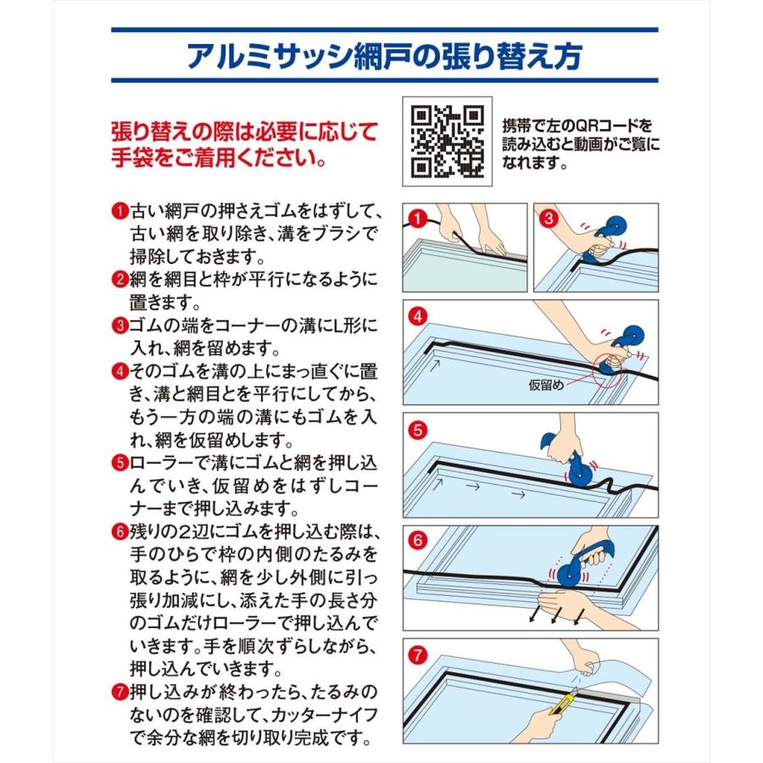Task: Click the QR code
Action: pos(447,142)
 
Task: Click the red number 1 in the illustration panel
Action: pos(417,219)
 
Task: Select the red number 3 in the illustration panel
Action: pos(549,218)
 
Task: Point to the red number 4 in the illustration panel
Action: pos(417,317)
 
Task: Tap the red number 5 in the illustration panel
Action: pos(417,430)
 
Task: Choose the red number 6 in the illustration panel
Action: pos(417,541)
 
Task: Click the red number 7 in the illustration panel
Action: pos(417,655)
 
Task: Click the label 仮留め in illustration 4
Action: pos(546,386)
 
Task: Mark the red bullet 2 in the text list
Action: pos(120,280)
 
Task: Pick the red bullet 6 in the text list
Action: pos(120,532)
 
